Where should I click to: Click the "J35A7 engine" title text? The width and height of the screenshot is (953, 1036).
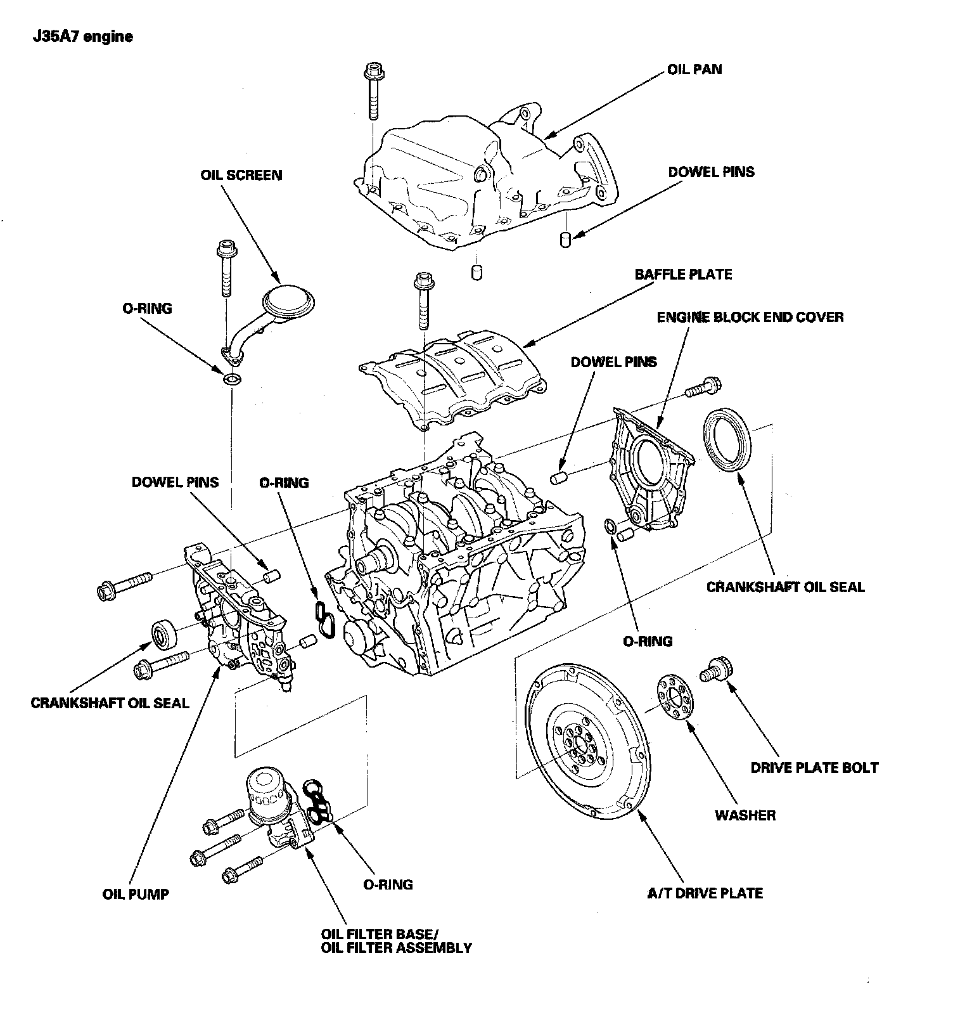click(x=83, y=37)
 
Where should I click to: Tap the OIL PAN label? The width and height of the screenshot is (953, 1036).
click(x=694, y=69)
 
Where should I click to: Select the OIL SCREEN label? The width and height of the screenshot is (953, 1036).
click(x=241, y=175)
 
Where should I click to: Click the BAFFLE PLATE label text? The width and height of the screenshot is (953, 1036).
click(x=683, y=275)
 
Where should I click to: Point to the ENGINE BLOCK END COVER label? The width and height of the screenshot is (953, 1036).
click(x=750, y=317)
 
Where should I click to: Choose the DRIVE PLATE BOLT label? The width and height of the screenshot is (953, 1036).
click(x=814, y=768)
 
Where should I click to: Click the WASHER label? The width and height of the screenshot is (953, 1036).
click(x=745, y=815)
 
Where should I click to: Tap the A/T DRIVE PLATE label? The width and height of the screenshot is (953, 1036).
click(x=705, y=893)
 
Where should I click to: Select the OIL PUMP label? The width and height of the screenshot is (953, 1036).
click(x=136, y=895)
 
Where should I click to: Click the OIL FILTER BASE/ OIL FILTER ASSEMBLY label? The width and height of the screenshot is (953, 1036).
click(x=396, y=942)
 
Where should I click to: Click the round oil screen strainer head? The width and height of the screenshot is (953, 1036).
click(x=289, y=301)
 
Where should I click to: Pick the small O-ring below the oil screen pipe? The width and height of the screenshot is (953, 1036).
click(x=232, y=380)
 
